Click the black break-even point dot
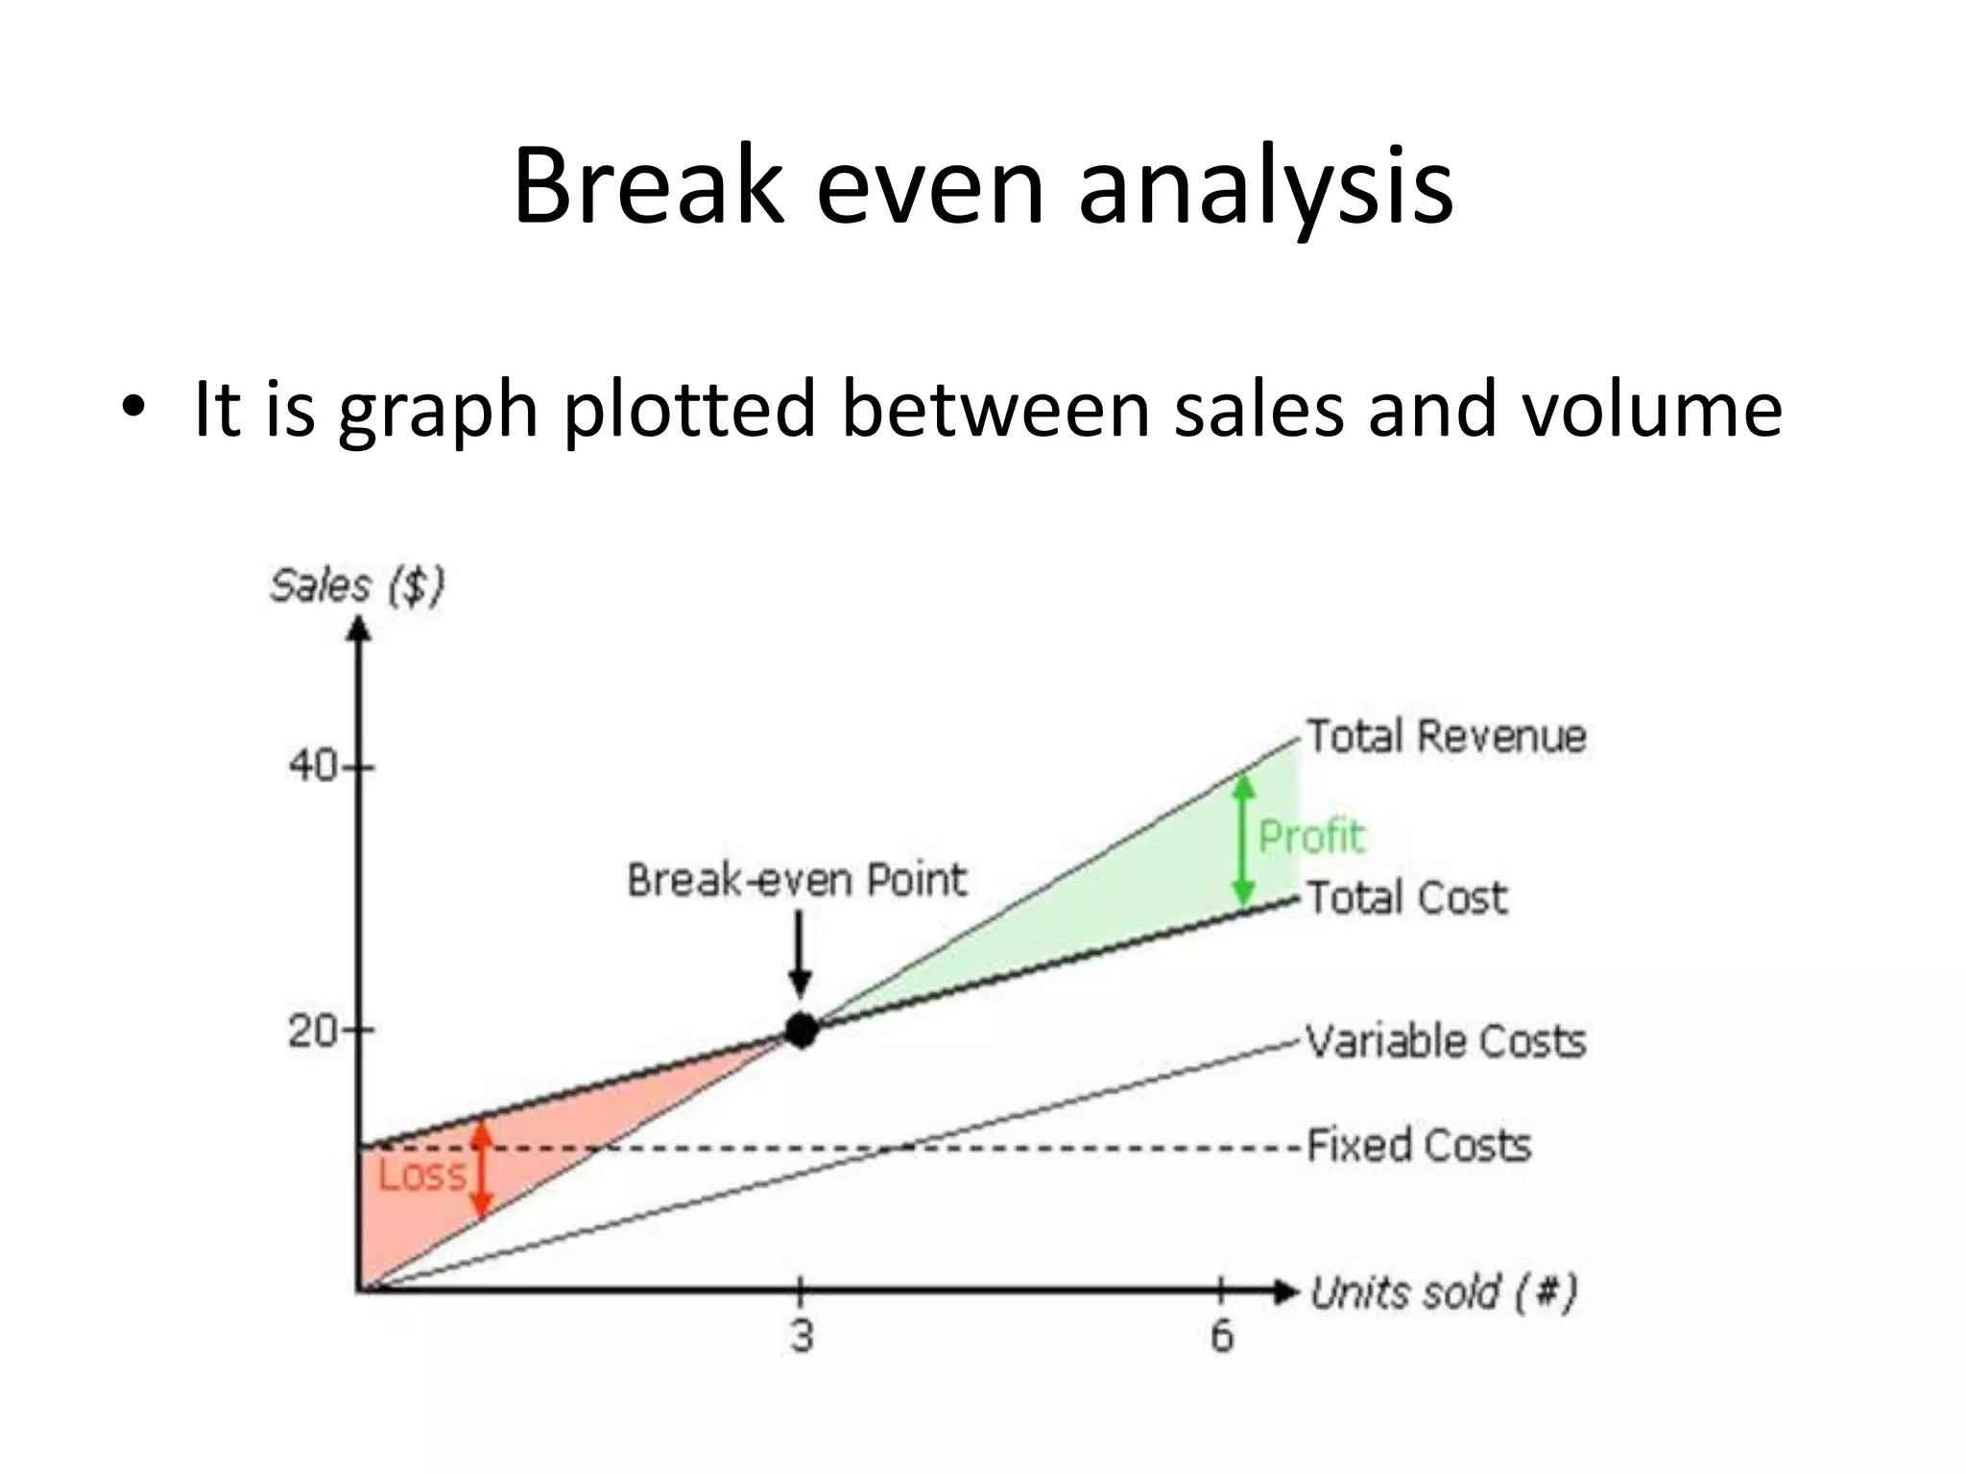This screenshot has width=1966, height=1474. pyautogui.click(x=801, y=1030)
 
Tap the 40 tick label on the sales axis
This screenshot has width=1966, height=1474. pyautogui.click(x=313, y=767)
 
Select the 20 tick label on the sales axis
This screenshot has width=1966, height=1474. pyautogui.click(x=313, y=1032)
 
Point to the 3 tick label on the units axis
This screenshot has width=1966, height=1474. pyautogui.click(x=802, y=1335)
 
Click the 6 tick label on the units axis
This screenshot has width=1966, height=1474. pyautogui.click(x=1221, y=1335)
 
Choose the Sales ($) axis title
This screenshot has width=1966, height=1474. pyautogui.click(x=357, y=585)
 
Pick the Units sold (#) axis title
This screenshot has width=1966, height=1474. pyautogui.click(x=1443, y=1293)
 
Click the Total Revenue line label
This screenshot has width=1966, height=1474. pyautogui.click(x=1446, y=737)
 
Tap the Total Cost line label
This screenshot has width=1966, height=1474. pyautogui.click(x=1406, y=898)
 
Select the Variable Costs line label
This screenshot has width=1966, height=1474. pyautogui.click(x=1446, y=1041)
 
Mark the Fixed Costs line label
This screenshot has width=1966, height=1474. pyautogui.click(x=1419, y=1145)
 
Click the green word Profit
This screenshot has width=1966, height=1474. pyautogui.click(x=1311, y=837)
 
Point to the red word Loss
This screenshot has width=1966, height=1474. pyautogui.click(x=421, y=1175)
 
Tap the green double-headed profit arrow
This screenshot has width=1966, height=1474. pyautogui.click(x=1244, y=841)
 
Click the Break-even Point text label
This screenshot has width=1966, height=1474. pyautogui.click(x=797, y=880)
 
